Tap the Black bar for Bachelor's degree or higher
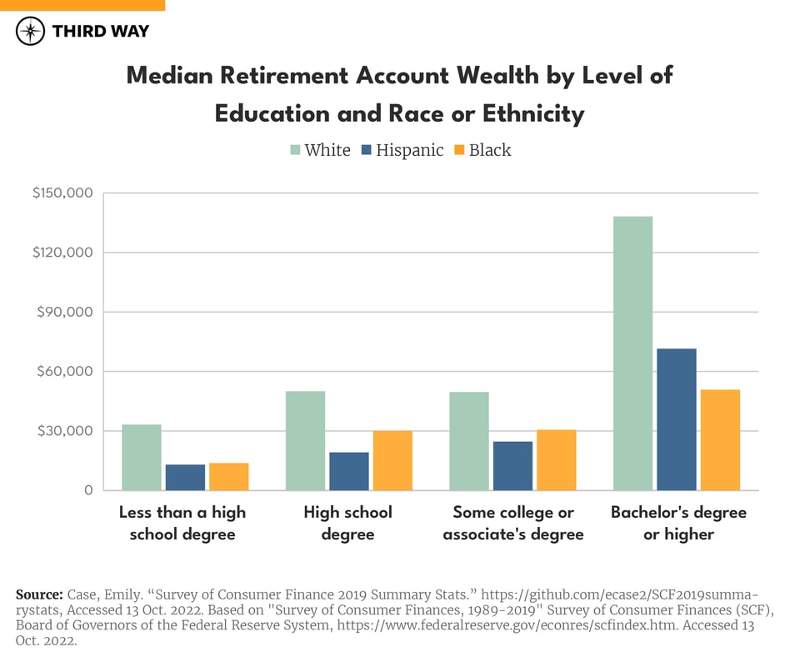(720, 439)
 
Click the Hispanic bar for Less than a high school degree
(185, 477)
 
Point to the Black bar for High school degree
(392, 460)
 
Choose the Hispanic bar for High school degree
(349, 471)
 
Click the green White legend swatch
(294, 150)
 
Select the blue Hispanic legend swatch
(366, 150)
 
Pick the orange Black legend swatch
(459, 150)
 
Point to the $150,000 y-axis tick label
(62, 193)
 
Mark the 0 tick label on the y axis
(87, 490)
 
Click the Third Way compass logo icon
(30, 32)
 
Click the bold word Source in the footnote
(38, 594)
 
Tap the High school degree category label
(347, 523)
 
